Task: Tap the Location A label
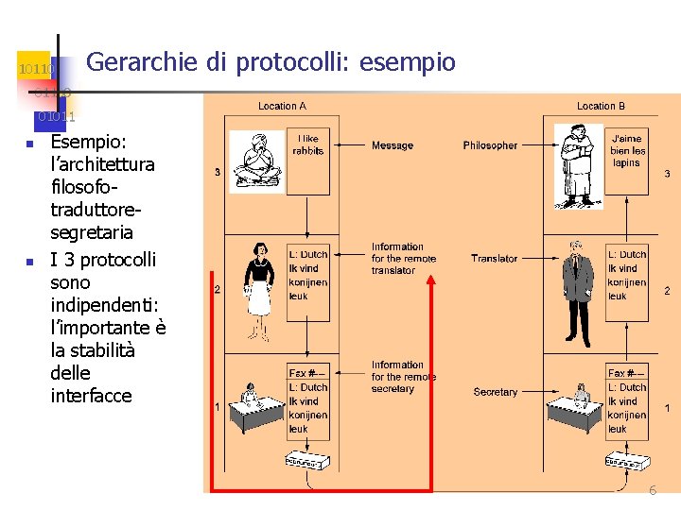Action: pos(282,106)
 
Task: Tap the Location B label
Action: pos(601,106)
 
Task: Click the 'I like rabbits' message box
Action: pos(307,144)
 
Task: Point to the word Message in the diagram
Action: pos(392,145)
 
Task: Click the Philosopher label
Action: pos(490,145)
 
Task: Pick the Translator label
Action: pos(494,259)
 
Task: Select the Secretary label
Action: pos(495,392)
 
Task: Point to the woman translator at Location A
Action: pos(258,288)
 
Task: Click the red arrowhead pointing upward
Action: pos(431,280)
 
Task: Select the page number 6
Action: pos(653,490)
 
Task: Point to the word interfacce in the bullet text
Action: pos(91,396)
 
